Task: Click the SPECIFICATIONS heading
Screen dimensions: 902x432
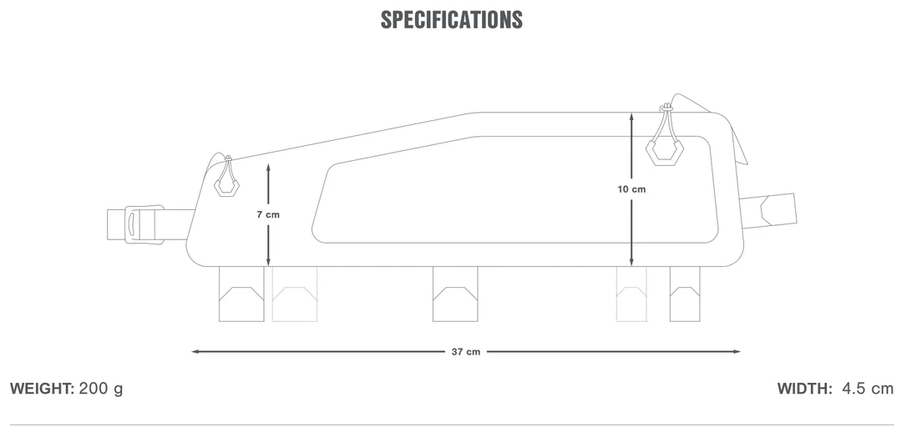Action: coord(452,19)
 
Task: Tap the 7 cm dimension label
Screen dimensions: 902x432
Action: coord(268,215)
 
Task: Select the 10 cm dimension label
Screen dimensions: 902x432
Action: coord(631,189)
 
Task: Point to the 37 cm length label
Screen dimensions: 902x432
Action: coord(466,352)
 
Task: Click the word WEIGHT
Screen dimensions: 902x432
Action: coord(42,389)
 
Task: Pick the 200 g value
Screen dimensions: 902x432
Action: coord(101,389)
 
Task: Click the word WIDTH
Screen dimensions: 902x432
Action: coord(805,389)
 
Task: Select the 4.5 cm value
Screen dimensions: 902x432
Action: coord(868,389)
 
